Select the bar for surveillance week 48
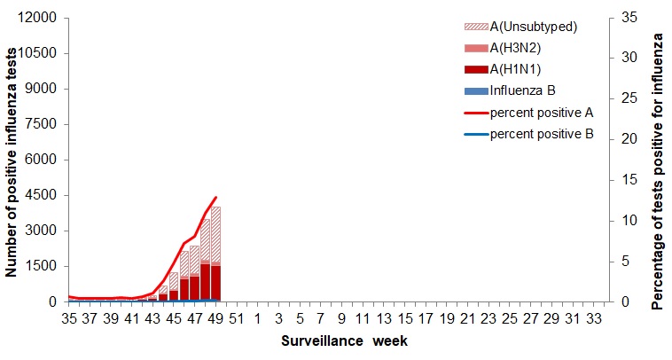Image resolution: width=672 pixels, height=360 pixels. (x=205, y=261)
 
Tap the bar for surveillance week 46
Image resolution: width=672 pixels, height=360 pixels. (x=184, y=276)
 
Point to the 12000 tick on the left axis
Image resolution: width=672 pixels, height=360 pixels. (x=39, y=18)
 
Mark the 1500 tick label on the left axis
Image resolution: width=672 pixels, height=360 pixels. (x=43, y=266)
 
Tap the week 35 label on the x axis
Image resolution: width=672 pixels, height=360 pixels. (x=69, y=317)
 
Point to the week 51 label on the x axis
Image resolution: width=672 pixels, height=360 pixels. (x=237, y=317)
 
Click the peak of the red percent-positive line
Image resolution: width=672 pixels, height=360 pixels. (x=215, y=198)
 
